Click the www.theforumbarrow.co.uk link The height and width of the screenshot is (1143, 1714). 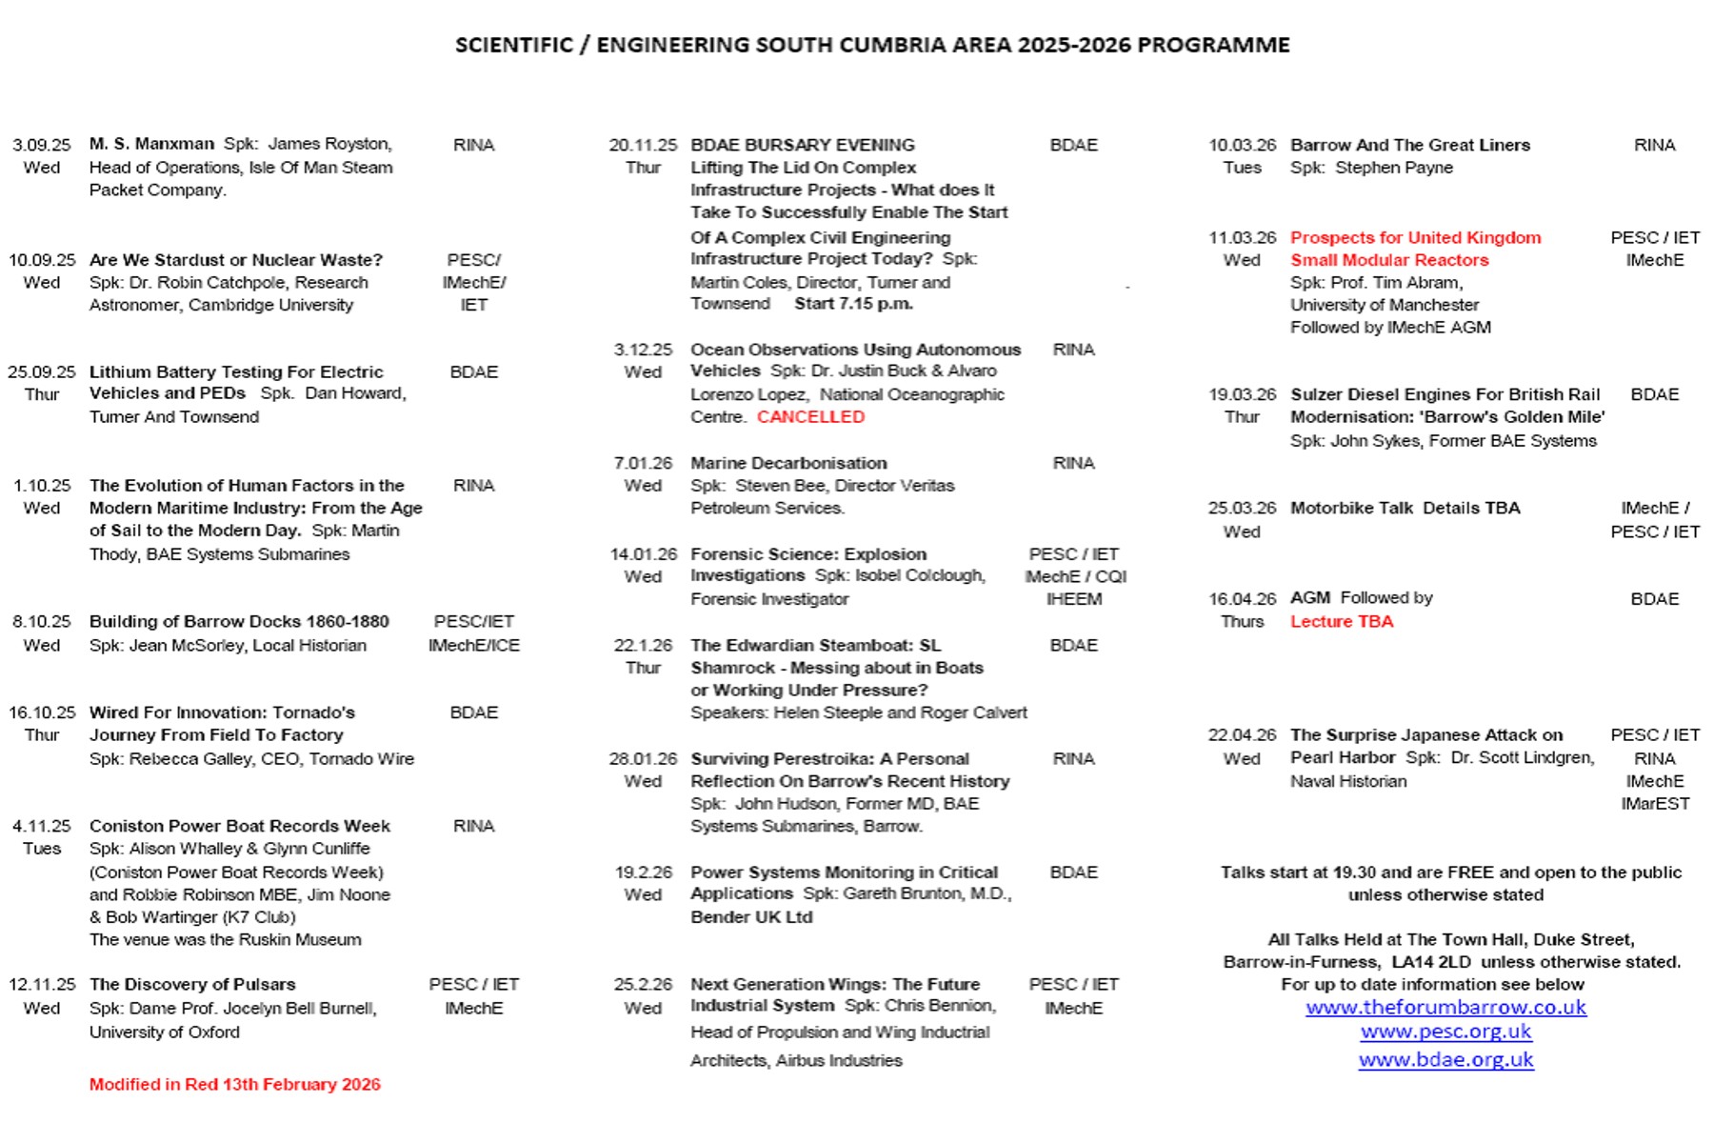(x=1445, y=1008)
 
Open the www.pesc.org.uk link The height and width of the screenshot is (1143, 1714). (x=1445, y=1032)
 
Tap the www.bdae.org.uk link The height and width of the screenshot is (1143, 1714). (x=1445, y=1059)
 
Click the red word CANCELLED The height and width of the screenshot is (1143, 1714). (x=810, y=417)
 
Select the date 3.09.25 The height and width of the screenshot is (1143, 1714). (x=41, y=145)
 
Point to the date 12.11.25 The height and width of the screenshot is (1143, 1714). (x=42, y=985)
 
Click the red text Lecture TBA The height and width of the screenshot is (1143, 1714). (x=1341, y=622)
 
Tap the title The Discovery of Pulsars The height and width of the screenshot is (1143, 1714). (x=192, y=985)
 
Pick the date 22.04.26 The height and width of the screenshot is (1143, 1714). (x=1242, y=735)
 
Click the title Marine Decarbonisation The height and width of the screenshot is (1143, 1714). (x=788, y=463)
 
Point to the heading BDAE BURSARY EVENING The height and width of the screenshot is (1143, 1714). (x=802, y=145)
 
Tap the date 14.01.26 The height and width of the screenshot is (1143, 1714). (x=643, y=554)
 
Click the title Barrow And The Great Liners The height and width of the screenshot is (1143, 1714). (x=1409, y=145)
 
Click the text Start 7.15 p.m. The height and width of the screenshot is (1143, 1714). (x=853, y=304)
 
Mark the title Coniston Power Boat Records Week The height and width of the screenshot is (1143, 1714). (x=239, y=826)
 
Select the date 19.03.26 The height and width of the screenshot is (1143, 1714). (x=1242, y=394)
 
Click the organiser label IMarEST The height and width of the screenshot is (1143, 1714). (x=1654, y=804)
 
